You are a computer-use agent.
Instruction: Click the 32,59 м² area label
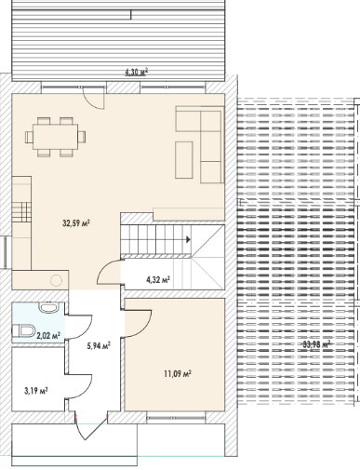tap(76, 223)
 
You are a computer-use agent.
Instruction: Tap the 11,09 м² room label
tap(178, 374)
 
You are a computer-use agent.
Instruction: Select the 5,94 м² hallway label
tap(99, 345)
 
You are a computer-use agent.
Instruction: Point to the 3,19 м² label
tap(36, 391)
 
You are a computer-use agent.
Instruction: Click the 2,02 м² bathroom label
tap(48, 335)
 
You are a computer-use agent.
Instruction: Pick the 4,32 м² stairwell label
tap(158, 280)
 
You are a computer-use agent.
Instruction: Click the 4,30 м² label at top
tap(137, 73)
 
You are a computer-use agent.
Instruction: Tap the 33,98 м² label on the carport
tap(316, 344)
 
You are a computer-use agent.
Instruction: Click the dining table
tap(56, 137)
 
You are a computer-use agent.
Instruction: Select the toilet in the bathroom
tap(23, 330)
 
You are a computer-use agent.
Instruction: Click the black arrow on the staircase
tap(188, 239)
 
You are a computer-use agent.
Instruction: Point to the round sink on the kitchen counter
tap(56, 280)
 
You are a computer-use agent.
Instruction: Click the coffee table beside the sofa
tap(184, 160)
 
